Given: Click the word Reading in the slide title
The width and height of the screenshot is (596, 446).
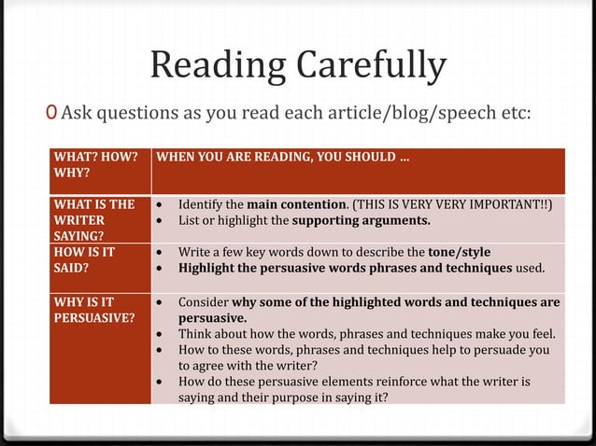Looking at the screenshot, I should pyautogui.click(x=218, y=66).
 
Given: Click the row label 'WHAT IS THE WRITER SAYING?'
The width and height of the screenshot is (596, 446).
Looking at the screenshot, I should pyautogui.click(x=93, y=220).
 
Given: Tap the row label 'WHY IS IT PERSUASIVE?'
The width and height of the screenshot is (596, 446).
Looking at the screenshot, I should pyautogui.click(x=93, y=310).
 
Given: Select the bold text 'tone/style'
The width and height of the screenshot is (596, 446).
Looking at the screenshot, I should pyautogui.click(x=459, y=252).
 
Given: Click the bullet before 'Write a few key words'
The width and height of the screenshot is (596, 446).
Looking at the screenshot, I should pyautogui.click(x=163, y=253).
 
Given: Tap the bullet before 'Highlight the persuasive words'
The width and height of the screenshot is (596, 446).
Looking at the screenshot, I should pyautogui.click(x=163, y=269).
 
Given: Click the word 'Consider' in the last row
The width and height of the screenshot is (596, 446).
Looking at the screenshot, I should pyautogui.click(x=203, y=302).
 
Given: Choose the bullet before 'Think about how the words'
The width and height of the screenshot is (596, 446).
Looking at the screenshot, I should pyautogui.click(x=163, y=334).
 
